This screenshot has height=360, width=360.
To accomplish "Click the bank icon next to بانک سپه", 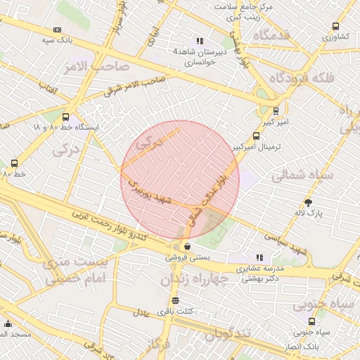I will coord(57,30).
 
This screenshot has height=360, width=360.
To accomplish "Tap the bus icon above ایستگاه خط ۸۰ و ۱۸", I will coord(66,117).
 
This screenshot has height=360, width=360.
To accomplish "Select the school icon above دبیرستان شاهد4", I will coord(200,41).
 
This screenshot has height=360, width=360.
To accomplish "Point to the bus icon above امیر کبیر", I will coord(275,111).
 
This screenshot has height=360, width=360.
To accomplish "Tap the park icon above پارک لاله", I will coord(308,202).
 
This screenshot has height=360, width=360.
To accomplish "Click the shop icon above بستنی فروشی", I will coord(187,247).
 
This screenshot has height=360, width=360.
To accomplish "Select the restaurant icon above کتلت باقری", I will coord(175,300).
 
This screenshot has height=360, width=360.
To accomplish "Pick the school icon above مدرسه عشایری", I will coord(259,257).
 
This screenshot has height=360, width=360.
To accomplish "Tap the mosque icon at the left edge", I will coord(8,323).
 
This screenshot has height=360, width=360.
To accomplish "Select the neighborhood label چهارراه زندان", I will coord(195,279).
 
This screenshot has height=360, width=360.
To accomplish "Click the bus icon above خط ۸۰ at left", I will coord(15,163).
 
